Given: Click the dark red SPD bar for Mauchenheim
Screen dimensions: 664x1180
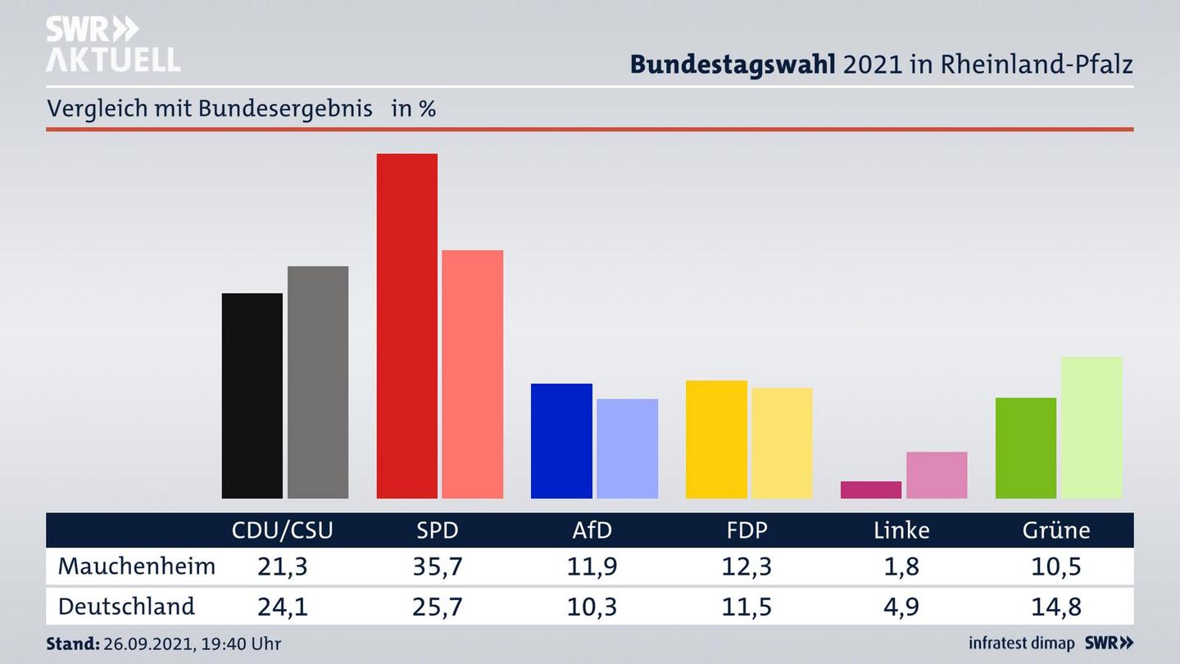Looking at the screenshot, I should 406,325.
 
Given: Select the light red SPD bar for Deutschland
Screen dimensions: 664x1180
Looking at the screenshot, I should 472,374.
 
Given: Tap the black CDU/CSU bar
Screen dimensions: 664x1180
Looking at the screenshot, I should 252,395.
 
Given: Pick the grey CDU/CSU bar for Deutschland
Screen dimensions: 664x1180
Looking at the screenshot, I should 317,382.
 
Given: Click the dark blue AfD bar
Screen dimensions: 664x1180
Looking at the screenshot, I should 561,440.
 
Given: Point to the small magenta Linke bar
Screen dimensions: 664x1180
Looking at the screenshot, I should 870,489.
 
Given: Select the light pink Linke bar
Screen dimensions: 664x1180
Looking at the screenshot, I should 937,475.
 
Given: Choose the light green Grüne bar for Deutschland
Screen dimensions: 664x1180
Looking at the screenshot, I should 1091,427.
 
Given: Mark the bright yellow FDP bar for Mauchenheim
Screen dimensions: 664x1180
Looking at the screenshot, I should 716,439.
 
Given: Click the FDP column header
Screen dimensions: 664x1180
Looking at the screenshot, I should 747,530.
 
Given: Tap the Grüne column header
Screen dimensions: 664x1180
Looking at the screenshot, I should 1055,530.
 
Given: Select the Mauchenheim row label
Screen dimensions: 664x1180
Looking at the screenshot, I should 137,566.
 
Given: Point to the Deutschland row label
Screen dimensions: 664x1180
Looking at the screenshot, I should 126,607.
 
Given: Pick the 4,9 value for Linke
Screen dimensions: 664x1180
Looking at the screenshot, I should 901,607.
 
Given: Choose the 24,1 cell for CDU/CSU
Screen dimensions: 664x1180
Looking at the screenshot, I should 283,607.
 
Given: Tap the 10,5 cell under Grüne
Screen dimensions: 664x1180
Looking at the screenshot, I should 1056,566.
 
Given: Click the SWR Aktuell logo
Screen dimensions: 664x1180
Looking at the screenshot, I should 112,44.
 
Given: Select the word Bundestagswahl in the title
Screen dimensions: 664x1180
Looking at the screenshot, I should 733,64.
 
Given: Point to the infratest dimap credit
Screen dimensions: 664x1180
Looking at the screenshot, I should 1021,644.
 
